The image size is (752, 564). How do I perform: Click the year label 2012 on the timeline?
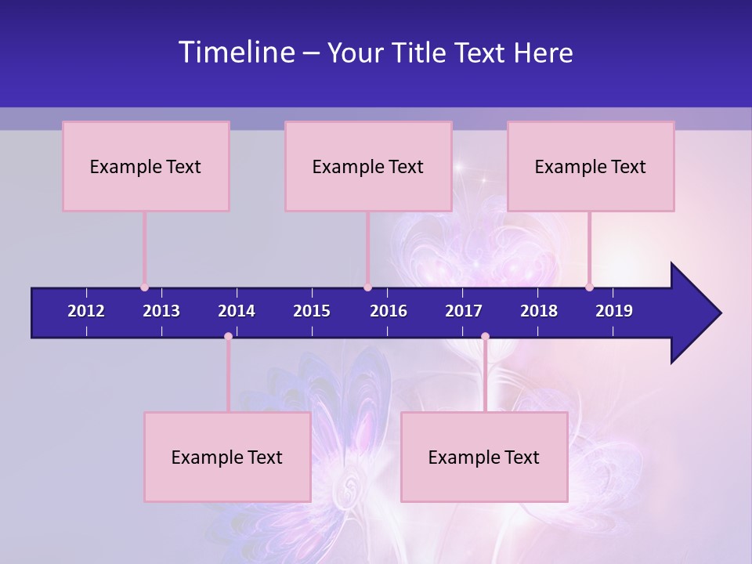coord(86,311)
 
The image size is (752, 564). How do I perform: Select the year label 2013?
coord(161,311)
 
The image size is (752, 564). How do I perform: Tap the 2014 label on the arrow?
coord(237,311)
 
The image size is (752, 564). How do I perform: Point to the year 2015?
coord(312,311)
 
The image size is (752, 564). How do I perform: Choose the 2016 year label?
coord(389,311)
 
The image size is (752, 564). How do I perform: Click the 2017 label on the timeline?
coord(464,311)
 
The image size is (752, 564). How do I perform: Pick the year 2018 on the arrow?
coord(539,311)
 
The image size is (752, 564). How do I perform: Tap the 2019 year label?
coord(614,311)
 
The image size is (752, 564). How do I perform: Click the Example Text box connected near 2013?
coord(146,166)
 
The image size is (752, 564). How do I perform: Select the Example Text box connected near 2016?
coord(368,166)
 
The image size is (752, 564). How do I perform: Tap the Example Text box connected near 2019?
coord(591,166)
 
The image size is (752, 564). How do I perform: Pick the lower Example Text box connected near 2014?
coord(227,457)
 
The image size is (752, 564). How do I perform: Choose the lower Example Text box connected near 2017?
coord(484,457)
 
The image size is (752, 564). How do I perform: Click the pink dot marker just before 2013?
coord(144,287)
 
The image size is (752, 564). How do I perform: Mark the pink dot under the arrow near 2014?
coord(228,337)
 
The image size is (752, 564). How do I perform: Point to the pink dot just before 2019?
coord(589,287)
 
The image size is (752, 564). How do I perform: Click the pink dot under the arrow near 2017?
coord(485,337)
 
